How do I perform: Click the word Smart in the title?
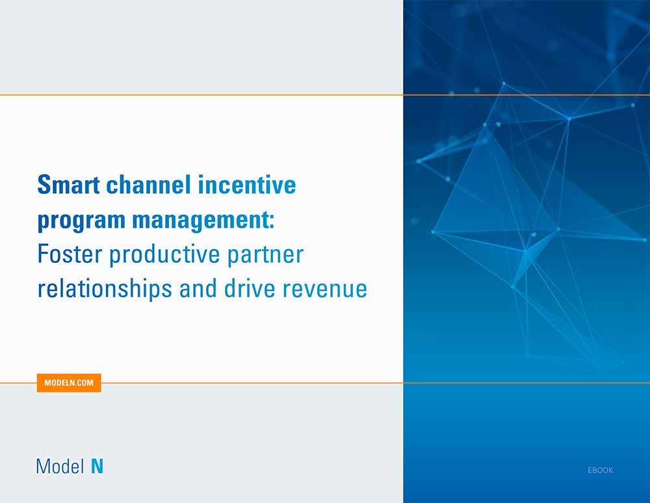tap(68, 185)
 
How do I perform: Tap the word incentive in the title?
tap(247, 185)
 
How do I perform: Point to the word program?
tap(81, 221)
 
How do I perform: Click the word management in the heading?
tap(201, 221)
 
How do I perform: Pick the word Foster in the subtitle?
tap(70, 254)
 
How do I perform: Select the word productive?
tap(164, 254)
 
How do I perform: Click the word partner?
tap(265, 255)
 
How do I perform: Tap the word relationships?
tap(105, 289)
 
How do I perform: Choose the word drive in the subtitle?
tap(250, 289)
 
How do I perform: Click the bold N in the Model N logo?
tap(97, 466)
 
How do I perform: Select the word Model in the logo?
tap(60, 466)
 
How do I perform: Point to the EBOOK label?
tap(600, 470)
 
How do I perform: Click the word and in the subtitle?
tap(198, 289)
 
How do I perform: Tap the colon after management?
tap(272, 221)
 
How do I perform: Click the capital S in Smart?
tap(44, 185)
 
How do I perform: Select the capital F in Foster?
tap(42, 254)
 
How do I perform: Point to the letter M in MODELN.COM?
tap(47, 383)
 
